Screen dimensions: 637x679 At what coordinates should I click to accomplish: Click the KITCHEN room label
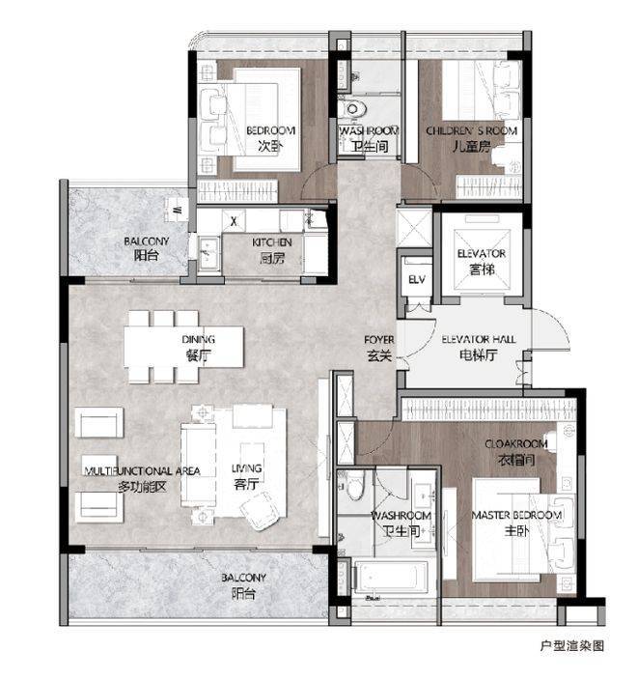[x=272, y=242]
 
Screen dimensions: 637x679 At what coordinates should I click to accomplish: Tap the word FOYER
[x=379, y=340]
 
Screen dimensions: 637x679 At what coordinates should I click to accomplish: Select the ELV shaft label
[x=417, y=280]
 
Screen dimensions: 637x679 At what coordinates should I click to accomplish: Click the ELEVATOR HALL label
[x=478, y=340]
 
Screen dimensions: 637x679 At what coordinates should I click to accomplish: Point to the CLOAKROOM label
[x=515, y=444]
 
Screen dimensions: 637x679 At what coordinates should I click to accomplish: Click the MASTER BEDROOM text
[x=516, y=516]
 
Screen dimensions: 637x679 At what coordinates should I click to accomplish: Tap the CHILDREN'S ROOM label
[x=471, y=130]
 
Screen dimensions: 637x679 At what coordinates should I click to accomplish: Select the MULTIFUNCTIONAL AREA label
[x=142, y=471]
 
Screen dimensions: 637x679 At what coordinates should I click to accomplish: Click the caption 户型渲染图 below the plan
[x=571, y=645]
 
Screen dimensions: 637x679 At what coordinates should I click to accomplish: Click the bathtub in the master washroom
[x=391, y=579]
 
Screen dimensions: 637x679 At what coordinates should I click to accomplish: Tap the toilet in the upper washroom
[x=352, y=108]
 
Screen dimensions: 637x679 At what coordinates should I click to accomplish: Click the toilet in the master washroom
[x=356, y=485]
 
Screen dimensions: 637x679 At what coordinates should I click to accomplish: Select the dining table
[x=183, y=347]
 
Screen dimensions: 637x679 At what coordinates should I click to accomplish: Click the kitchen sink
[x=209, y=252]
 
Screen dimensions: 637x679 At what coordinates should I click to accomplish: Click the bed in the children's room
[x=481, y=91]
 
